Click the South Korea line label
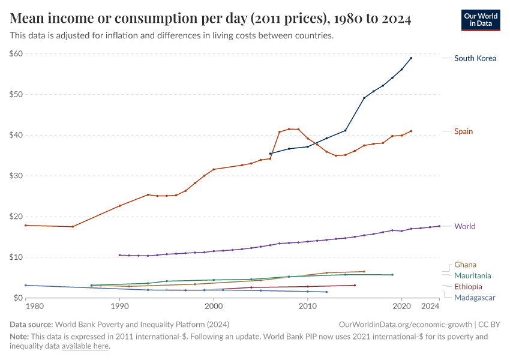pos(475,58)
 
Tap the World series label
pos(464,226)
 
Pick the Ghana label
pos(466,265)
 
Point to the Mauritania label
pos(473,275)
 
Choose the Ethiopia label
pos(468,287)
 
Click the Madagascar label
pos(475,298)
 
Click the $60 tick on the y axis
pos(16,53)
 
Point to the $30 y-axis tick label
pos(16,176)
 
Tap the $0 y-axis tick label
pos(18,298)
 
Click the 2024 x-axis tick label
pos(431,307)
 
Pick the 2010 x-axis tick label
pos(308,307)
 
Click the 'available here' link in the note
pos(85,346)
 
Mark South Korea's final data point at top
pos(411,58)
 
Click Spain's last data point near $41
pos(411,131)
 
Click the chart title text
pos(210,19)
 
